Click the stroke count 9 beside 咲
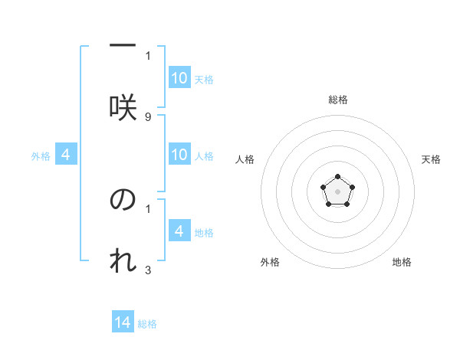click(148, 116)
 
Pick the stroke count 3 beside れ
click(148, 270)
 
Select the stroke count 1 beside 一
click(148, 55)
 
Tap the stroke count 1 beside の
click(148, 208)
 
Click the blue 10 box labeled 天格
click(179, 78)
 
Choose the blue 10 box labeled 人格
click(179, 155)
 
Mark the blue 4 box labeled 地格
click(179, 231)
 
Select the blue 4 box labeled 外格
click(66, 155)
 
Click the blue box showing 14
click(123, 322)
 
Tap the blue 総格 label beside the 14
click(147, 324)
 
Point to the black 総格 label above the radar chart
click(337, 100)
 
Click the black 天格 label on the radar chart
click(431, 159)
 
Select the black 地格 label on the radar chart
click(402, 262)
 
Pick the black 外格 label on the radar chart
click(270, 262)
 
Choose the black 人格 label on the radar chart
click(245, 159)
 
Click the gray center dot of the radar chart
click(337, 190)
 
